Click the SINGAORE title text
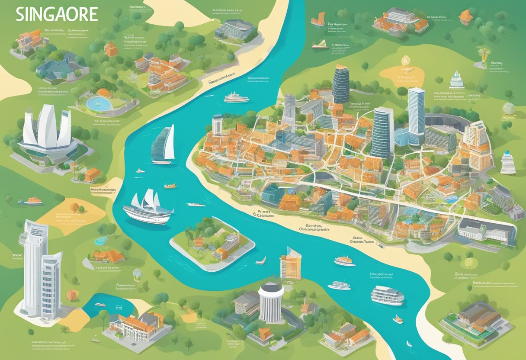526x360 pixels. point(56,15)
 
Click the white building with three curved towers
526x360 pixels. point(47,130)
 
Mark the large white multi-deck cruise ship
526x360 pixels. point(387,296)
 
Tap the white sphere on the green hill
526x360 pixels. point(509,109)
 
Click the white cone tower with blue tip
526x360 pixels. point(508,163)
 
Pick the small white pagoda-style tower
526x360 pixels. point(457,80)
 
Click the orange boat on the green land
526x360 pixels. point(33,201)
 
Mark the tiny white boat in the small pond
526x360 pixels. point(100,305)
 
